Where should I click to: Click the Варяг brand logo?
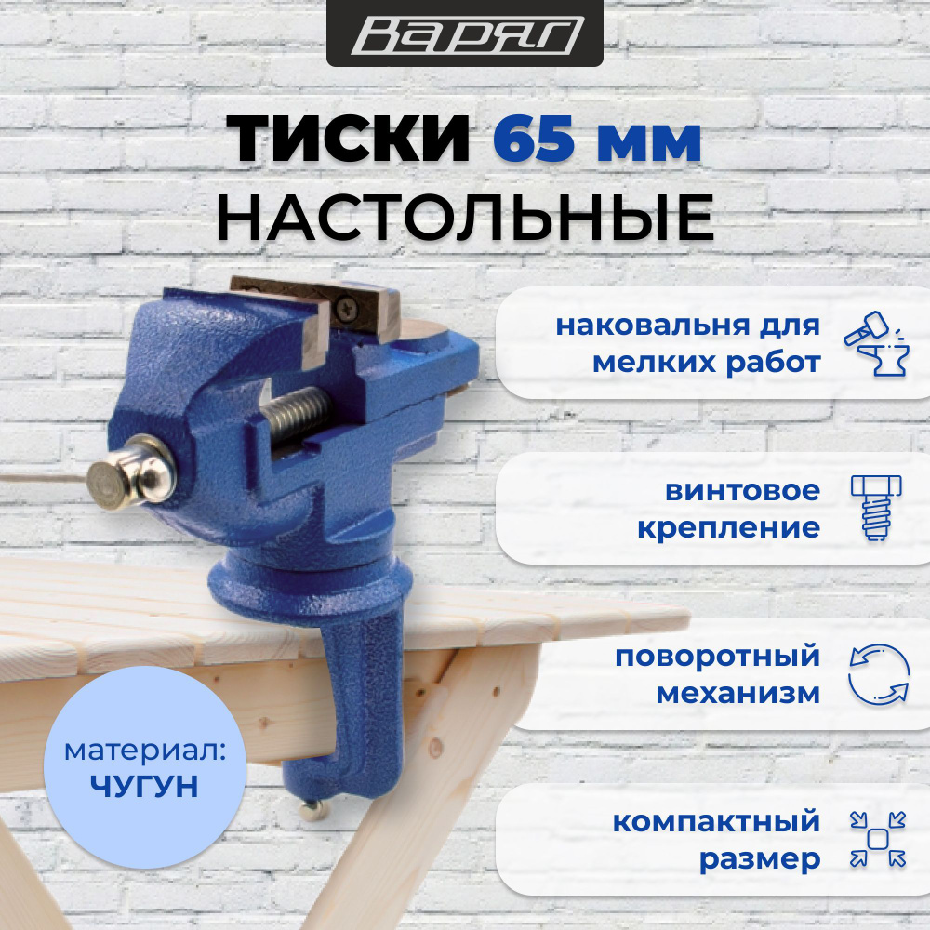pos(465,35)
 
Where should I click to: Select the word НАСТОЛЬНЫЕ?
pos(465,216)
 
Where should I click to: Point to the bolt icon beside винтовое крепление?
pos(873,508)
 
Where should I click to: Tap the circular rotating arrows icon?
pos(877,673)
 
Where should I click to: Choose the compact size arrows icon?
pos(877,840)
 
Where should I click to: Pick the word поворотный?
pos(717,657)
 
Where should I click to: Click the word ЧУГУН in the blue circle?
pos(145,787)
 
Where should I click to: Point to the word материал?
pos(145,751)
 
